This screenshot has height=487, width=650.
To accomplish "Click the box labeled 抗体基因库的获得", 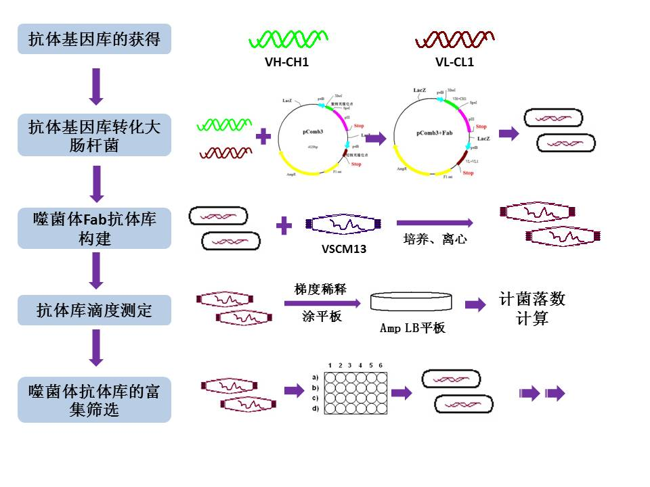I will tap(94, 39).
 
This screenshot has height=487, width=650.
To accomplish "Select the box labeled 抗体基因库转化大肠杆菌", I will tap(94, 135).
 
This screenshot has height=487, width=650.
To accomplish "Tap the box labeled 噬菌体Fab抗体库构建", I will tap(94, 228).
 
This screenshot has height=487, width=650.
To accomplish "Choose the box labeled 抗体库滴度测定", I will tap(94, 310).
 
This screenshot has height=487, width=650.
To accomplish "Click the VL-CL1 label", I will tap(454, 63).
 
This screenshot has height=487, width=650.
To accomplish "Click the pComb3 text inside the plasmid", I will tap(315, 134).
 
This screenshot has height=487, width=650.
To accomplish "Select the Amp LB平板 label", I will tap(412, 328).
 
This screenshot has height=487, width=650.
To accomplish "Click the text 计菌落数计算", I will tap(532, 308).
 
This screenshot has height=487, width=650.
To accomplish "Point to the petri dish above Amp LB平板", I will tap(412, 302).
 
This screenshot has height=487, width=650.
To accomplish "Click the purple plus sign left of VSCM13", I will tap(285, 225).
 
